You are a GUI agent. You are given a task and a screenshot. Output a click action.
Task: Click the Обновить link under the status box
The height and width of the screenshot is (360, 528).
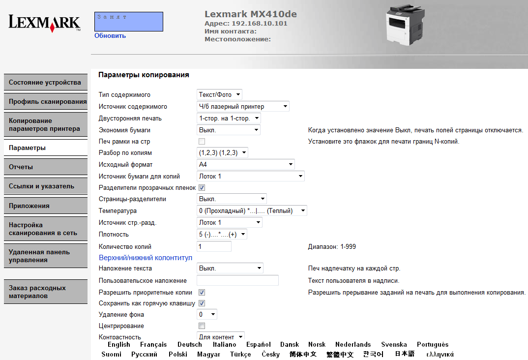click(x=110, y=35)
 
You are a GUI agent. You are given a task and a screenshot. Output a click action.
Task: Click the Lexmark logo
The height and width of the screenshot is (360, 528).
click(x=44, y=23)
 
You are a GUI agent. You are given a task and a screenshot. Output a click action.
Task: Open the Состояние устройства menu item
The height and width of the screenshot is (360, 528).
click(x=45, y=82)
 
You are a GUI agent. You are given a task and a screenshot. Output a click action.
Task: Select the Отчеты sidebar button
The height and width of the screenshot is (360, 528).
click(x=45, y=167)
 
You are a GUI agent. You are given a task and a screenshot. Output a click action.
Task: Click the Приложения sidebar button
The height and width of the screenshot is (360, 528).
click(x=45, y=206)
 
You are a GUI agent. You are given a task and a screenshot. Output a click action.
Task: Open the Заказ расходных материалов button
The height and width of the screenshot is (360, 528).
click(x=45, y=292)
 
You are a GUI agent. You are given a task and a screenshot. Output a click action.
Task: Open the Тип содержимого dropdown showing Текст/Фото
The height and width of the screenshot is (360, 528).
click(x=219, y=94)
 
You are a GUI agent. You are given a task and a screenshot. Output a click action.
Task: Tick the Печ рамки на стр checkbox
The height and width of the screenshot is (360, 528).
click(x=202, y=142)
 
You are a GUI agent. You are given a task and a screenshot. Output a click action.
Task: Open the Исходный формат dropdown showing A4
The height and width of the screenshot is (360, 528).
click(x=245, y=164)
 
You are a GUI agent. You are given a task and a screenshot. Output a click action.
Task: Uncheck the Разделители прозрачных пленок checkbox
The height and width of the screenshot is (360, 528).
click(x=202, y=187)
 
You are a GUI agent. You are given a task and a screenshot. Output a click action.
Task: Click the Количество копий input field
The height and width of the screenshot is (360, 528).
click(x=214, y=246)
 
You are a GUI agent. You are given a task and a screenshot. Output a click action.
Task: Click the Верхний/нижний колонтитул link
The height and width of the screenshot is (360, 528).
click(x=146, y=258)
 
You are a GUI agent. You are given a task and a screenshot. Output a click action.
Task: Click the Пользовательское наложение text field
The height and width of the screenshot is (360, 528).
click(x=237, y=280)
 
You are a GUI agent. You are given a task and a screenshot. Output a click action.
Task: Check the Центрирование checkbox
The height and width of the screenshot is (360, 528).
click(x=202, y=326)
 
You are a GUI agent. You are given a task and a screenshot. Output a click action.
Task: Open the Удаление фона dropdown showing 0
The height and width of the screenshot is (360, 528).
click(x=207, y=314)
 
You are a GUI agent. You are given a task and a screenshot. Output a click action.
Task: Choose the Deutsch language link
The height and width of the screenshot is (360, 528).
click(x=190, y=344)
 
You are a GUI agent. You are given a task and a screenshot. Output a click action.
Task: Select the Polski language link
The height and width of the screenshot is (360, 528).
click(x=177, y=354)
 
